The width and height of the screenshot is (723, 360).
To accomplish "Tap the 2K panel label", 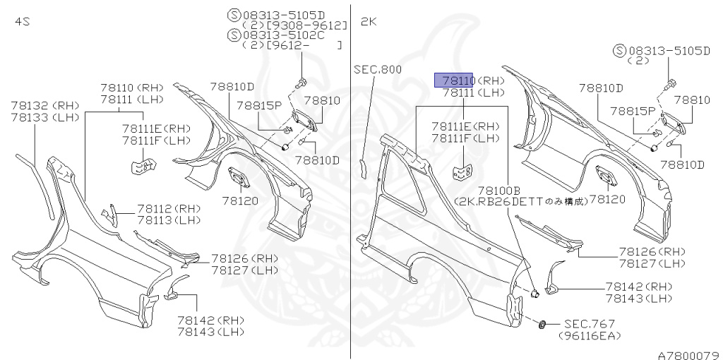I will (369, 22).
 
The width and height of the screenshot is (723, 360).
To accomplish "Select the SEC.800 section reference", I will (378, 69).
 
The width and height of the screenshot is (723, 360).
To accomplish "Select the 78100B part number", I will (498, 191).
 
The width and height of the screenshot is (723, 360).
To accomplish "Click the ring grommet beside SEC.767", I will (542, 324).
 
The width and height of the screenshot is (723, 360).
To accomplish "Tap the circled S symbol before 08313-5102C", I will (233, 34).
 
